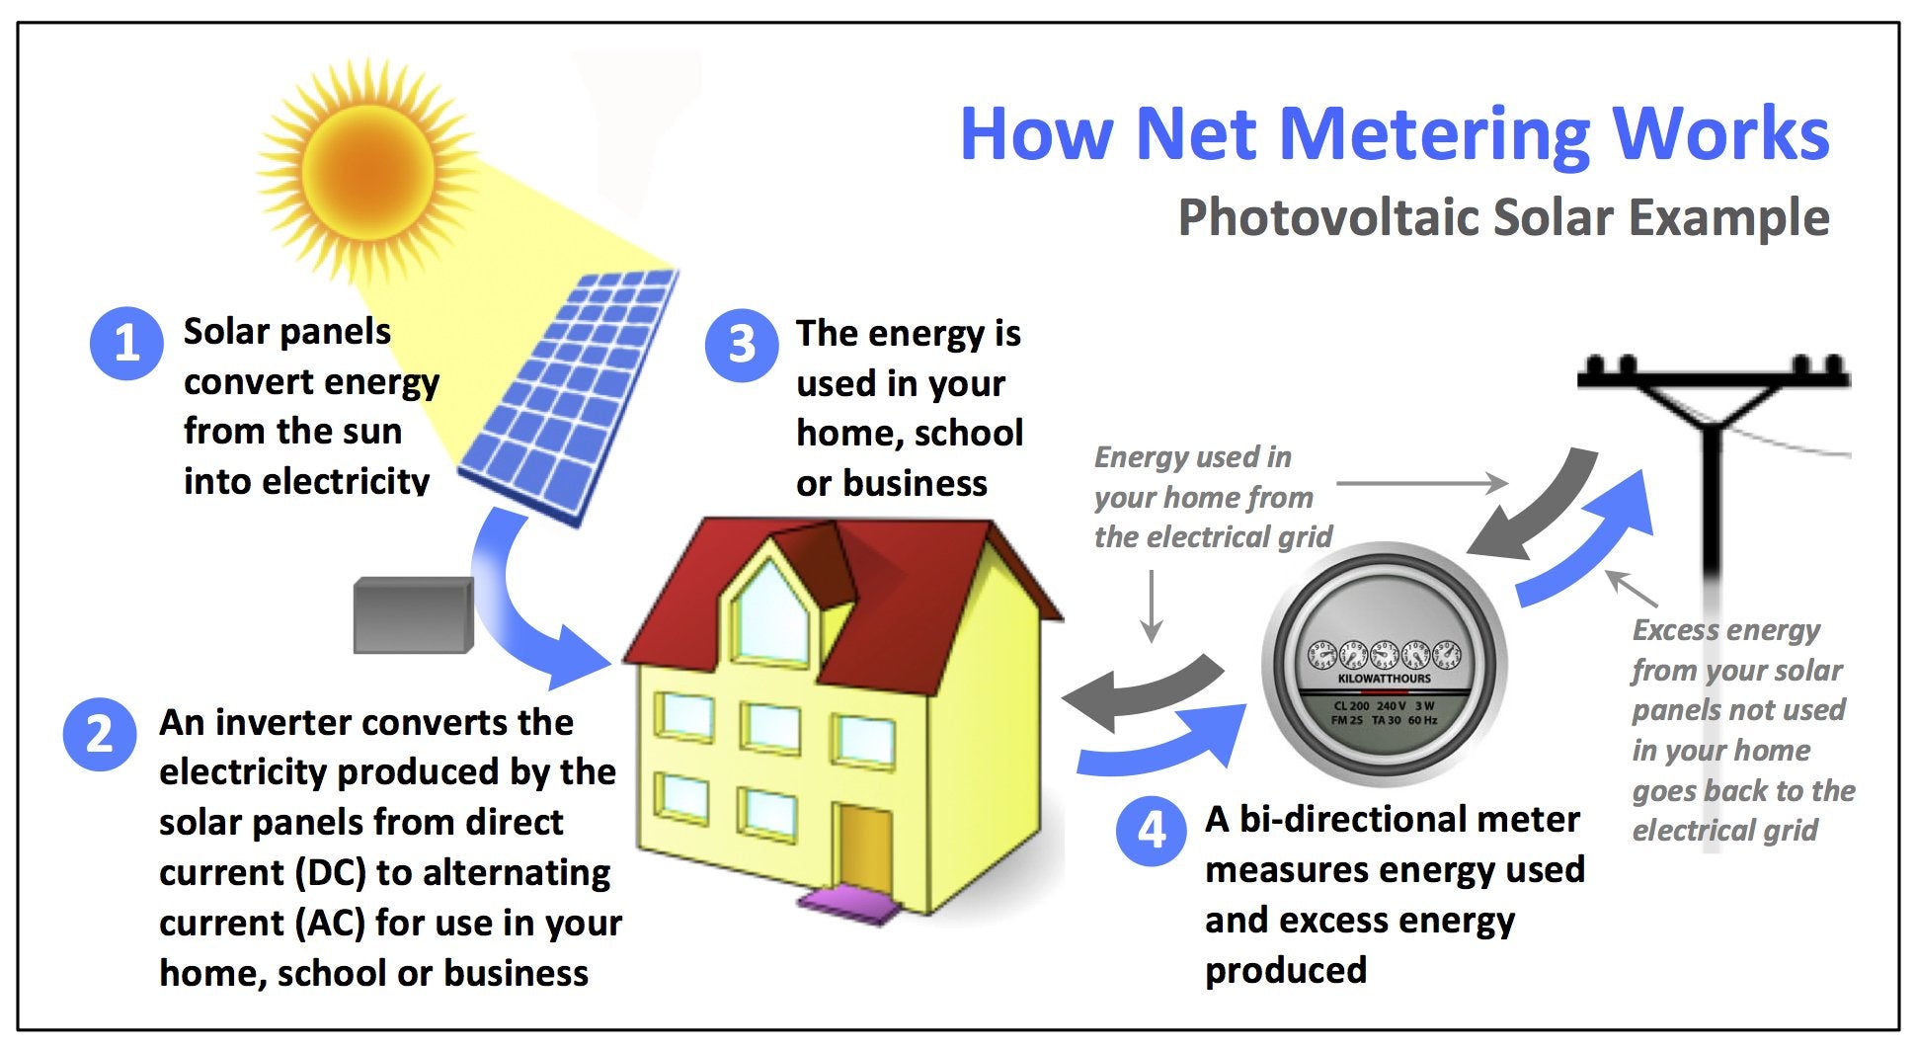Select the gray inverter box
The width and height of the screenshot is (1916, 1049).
tap(413, 614)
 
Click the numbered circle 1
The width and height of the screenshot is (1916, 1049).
tap(125, 344)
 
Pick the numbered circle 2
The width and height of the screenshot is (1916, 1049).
tap(99, 735)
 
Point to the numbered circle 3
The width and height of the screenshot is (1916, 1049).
tap(742, 345)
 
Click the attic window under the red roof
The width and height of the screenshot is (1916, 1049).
tap(771, 613)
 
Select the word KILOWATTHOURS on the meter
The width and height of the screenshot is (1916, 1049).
tap(1384, 679)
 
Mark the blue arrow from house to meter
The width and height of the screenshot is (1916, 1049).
tap(1165, 746)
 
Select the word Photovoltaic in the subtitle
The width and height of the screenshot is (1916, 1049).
tap(1327, 217)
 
